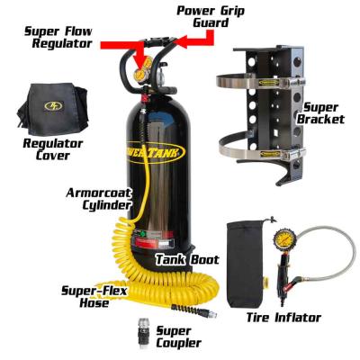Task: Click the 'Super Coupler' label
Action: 181,337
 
